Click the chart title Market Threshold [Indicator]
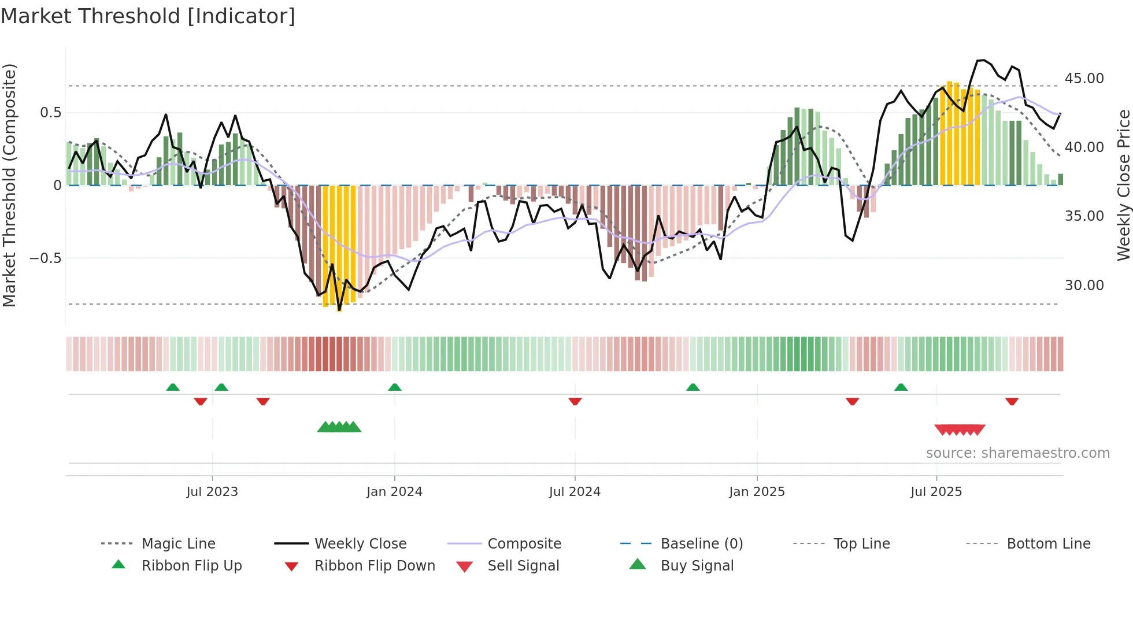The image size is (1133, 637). (x=148, y=16)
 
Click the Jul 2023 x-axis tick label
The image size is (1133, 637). (x=212, y=492)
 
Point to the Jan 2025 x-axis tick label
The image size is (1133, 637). (x=757, y=492)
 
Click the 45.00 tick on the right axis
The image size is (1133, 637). (x=1084, y=79)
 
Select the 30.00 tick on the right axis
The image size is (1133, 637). (x=1084, y=286)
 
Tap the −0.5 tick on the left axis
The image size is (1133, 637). (x=46, y=258)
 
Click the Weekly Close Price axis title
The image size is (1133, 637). (x=1123, y=185)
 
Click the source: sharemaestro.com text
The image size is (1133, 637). (x=1017, y=453)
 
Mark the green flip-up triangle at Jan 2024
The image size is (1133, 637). (x=395, y=387)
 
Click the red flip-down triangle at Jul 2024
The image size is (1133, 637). (x=575, y=401)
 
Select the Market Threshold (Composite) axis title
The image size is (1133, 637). (x=9, y=185)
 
